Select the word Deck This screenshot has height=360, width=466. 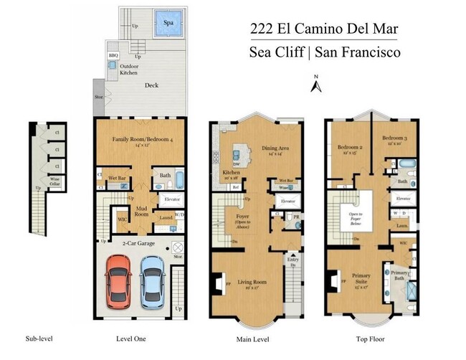(x=151, y=85)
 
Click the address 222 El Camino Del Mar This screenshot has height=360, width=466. (x=324, y=29)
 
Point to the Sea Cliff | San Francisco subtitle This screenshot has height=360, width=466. (x=324, y=52)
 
